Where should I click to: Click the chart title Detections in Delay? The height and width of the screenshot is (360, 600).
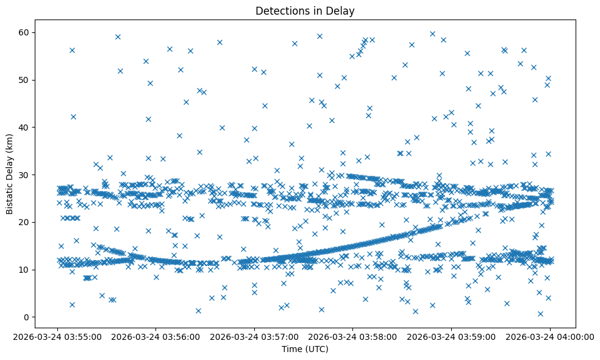[x=305, y=11]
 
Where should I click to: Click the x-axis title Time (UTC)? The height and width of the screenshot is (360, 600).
[x=305, y=349]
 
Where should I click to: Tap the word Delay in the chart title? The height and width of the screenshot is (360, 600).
[x=342, y=11]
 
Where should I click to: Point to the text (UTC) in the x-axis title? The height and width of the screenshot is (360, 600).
[x=316, y=349]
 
